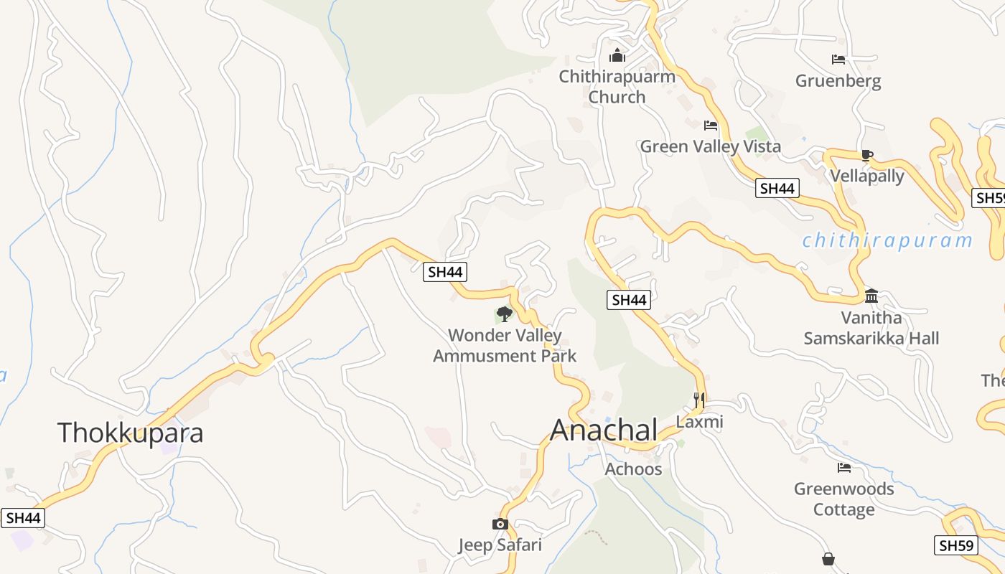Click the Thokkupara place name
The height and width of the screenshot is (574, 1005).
[x=130, y=433]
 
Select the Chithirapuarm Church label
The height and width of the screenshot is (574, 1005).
[x=617, y=86]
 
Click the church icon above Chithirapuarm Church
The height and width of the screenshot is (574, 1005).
[x=617, y=55]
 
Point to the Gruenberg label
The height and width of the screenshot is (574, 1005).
[x=838, y=80]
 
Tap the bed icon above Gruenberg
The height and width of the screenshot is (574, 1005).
[x=838, y=60]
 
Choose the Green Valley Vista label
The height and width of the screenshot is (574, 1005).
[x=710, y=146]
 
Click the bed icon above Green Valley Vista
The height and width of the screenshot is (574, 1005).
[x=710, y=126]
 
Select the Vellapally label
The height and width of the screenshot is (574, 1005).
[x=867, y=176]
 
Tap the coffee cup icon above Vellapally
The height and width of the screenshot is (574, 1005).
[x=867, y=154]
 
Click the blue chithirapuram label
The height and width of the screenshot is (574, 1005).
[x=887, y=240]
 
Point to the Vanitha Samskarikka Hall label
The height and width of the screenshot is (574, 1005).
[x=871, y=328]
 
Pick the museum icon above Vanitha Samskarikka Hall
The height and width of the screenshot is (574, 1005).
[x=871, y=296]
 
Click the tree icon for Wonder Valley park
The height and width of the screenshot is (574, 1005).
[x=504, y=314]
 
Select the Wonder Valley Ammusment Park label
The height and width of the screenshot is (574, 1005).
[x=505, y=345]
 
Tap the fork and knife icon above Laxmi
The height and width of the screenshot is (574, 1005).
[x=699, y=400]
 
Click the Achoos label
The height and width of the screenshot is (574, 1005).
[x=633, y=469]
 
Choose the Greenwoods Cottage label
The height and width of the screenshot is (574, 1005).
[x=843, y=499]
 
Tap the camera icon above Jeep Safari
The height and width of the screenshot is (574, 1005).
[x=500, y=524]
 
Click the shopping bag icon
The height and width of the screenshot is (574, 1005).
[x=828, y=558]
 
